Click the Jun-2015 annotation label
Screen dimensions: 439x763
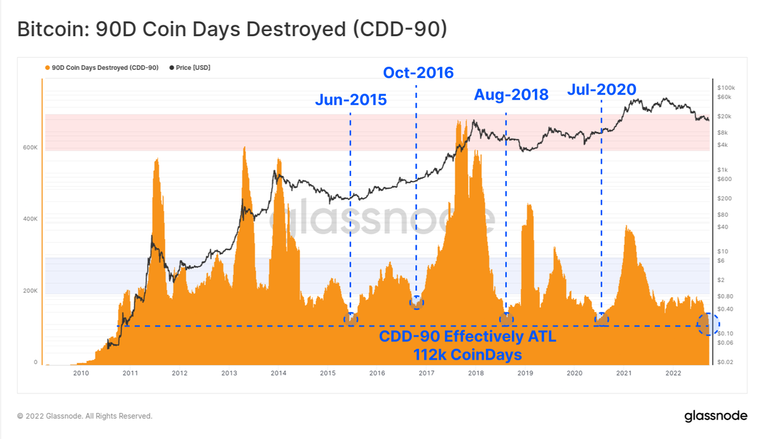(x=350, y=100)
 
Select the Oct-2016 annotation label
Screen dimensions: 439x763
(x=418, y=73)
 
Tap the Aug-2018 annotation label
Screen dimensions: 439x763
(x=511, y=95)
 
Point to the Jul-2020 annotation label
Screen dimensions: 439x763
(x=601, y=90)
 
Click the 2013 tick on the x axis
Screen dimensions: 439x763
(x=228, y=373)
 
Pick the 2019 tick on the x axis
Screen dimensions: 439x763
(x=525, y=373)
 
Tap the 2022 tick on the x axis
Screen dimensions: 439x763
(x=673, y=373)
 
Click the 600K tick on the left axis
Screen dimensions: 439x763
(x=31, y=147)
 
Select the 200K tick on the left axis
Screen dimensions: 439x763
(x=31, y=291)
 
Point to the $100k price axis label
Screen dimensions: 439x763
(x=725, y=87)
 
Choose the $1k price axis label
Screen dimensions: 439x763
(x=722, y=170)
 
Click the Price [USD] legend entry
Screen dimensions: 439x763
(x=190, y=67)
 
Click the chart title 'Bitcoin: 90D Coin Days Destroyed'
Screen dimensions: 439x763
(x=231, y=29)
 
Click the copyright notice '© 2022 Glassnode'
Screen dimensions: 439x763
(x=85, y=416)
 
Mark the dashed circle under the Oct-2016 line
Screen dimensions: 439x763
(x=416, y=302)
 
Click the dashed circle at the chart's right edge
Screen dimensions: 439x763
(x=707, y=324)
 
